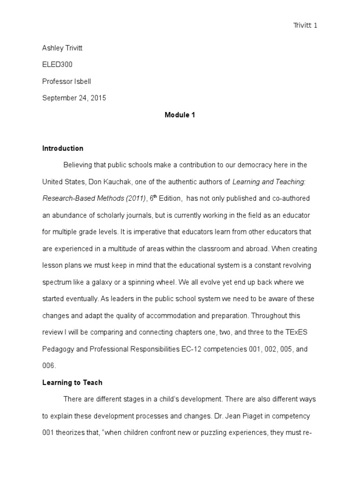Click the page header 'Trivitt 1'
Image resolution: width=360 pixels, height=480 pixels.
305,25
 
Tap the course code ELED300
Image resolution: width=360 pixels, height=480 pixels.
57,65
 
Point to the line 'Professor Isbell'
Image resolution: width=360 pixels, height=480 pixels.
67,82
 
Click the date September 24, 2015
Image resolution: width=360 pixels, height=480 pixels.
74,98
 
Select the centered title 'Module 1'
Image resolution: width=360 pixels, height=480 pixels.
180,115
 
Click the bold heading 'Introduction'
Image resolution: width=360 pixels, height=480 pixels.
63,149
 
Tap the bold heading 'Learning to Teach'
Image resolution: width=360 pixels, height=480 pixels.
72,382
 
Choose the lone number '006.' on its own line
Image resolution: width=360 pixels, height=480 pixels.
49,366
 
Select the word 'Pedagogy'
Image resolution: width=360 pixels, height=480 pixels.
56,349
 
